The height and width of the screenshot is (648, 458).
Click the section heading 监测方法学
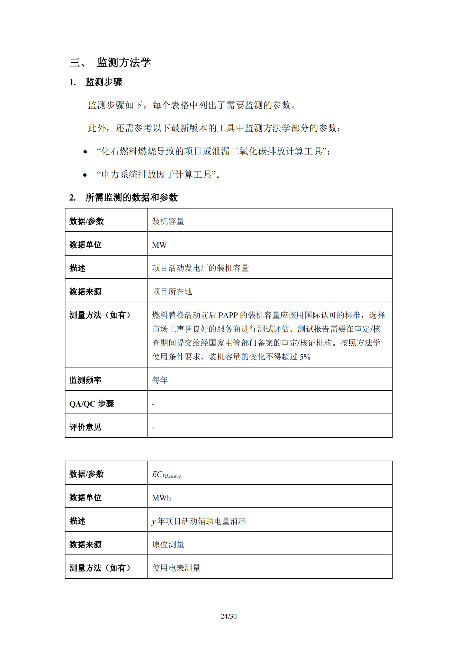124,62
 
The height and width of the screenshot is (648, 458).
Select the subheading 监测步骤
104,82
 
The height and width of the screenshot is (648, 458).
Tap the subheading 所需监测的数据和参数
131,197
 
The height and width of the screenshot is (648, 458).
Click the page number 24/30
228,616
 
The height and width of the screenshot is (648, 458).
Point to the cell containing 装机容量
168,221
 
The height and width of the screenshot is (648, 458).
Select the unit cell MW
159,245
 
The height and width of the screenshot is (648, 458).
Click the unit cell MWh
161,498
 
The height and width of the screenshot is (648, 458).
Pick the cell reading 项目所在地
172,292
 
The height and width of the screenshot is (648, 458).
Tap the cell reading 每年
160,380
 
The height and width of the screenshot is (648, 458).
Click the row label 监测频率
86,380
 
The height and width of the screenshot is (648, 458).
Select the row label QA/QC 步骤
91,404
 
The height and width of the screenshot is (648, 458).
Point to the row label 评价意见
86,427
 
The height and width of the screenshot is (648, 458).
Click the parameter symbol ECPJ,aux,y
166,474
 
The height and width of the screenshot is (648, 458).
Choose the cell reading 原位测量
168,544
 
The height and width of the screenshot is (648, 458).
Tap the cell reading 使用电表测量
177,568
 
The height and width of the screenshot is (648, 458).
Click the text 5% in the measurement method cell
305,357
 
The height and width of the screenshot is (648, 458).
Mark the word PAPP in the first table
228,315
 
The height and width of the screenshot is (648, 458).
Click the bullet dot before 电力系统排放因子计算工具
85,175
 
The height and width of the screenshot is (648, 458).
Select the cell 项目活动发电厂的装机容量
200,268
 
